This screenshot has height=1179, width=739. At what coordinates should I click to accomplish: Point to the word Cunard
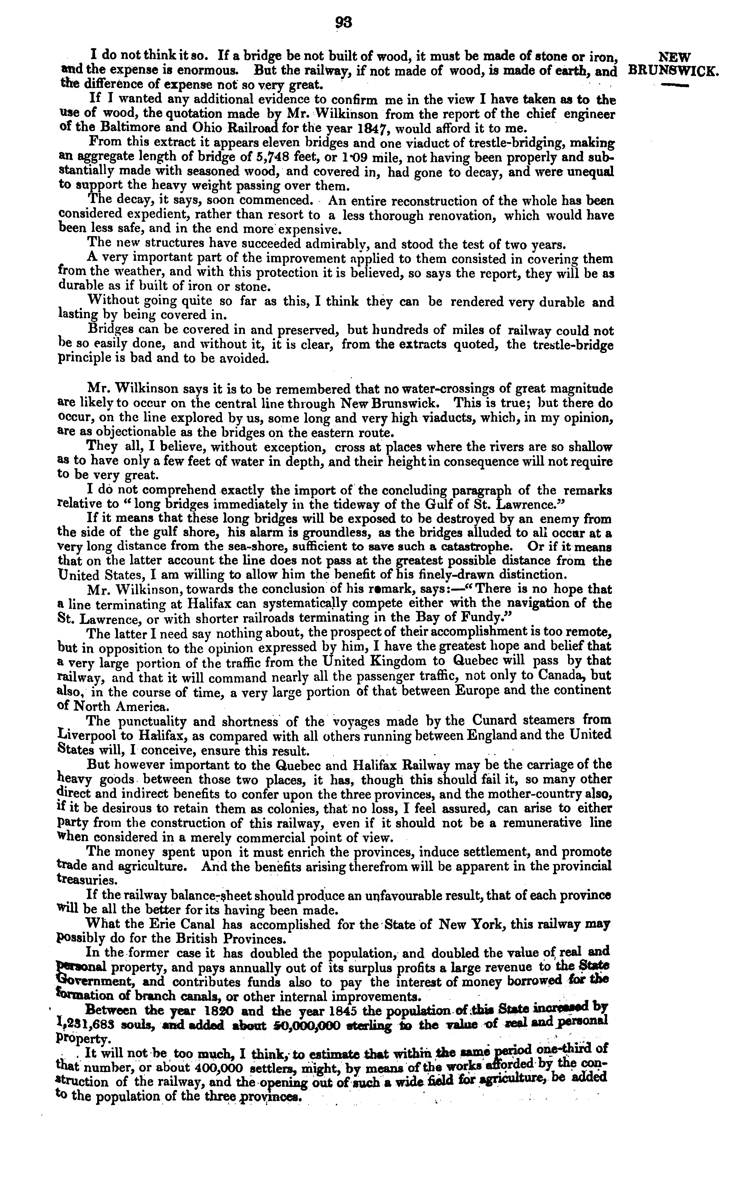point(496,720)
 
